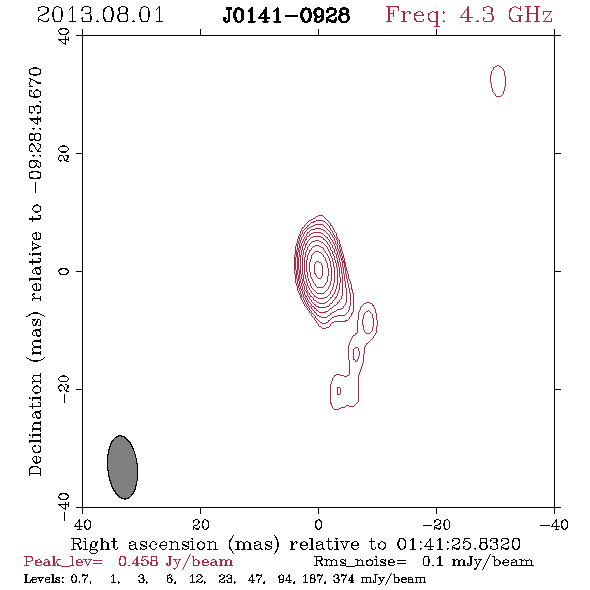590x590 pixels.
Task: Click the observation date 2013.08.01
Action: (x=100, y=15)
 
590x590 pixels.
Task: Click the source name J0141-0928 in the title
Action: (x=286, y=16)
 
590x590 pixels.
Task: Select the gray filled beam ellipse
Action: (x=122, y=467)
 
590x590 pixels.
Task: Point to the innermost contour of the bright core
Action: (x=319, y=269)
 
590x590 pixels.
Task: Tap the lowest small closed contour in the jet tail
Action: (x=339, y=391)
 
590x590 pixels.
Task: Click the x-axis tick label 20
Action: (x=201, y=524)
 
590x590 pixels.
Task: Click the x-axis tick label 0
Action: (x=318, y=524)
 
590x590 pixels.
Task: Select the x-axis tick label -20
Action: (x=437, y=524)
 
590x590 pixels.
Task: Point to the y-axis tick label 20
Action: (x=64, y=154)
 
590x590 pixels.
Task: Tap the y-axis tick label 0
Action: (x=64, y=271)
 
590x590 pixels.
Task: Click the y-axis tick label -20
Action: (x=64, y=389)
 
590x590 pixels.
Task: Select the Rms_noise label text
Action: (x=360, y=562)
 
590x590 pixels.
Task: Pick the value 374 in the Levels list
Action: (x=344, y=578)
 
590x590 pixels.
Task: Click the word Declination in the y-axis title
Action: (x=35, y=424)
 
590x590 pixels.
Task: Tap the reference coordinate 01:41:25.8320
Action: (x=458, y=544)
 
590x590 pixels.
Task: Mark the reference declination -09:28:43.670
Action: (x=35, y=130)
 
